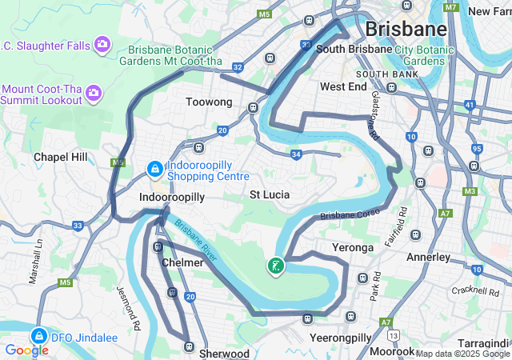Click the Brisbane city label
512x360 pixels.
[x=406, y=30]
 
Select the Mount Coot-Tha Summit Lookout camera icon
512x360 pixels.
[x=94, y=94]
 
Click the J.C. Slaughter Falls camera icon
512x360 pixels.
[x=102, y=44]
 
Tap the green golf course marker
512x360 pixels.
[x=275, y=266]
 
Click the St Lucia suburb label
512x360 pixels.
[x=270, y=194]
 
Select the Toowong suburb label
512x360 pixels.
[x=208, y=102]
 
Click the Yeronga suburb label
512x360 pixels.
[x=353, y=247]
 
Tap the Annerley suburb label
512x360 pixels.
[x=429, y=258]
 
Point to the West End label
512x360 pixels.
[x=343, y=86]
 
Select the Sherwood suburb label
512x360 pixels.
[x=225, y=353]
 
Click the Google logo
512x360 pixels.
[x=26, y=350]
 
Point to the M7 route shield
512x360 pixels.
[x=453, y=7]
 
